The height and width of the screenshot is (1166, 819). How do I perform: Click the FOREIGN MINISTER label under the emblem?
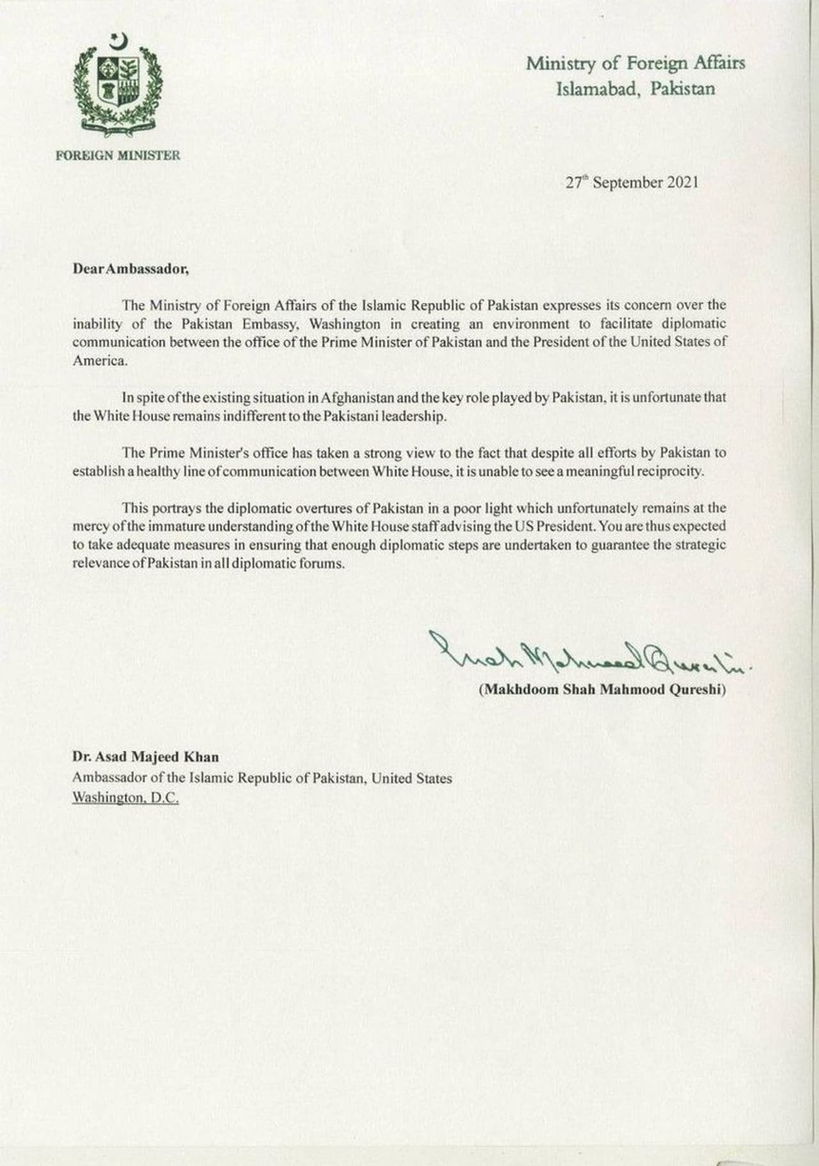coord(117,155)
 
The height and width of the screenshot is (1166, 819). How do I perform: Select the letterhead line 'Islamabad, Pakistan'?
coord(635,88)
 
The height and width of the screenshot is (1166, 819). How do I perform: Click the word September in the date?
coord(626,182)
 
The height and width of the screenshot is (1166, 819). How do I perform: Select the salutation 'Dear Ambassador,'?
coord(131,269)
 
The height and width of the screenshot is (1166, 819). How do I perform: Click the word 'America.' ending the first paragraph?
coord(100,360)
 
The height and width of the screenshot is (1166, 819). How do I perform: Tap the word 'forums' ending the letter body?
coord(323,564)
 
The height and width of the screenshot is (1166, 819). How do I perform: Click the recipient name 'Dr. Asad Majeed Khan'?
coord(145,757)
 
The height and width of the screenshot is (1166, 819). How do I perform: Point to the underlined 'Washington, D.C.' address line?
coord(125,798)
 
